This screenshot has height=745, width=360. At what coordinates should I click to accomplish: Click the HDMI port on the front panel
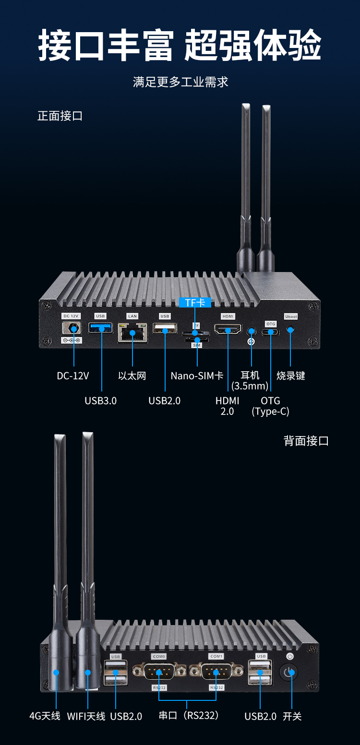click(x=228, y=330)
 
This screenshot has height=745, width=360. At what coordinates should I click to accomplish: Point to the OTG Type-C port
click(x=271, y=331)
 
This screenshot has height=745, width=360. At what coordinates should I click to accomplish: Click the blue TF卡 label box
click(x=195, y=303)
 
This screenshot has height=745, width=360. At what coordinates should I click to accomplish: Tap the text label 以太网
click(x=132, y=376)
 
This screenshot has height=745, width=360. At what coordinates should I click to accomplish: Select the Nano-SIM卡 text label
click(x=197, y=376)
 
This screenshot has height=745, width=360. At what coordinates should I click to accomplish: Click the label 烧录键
click(x=291, y=376)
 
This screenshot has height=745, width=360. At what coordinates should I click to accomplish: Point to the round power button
click(x=288, y=672)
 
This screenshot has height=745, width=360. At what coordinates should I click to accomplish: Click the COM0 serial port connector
click(x=159, y=672)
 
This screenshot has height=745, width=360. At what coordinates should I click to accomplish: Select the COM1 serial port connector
click(x=216, y=672)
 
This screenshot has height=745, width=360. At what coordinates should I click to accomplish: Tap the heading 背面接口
click(x=306, y=441)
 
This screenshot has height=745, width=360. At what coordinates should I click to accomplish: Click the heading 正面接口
click(x=60, y=116)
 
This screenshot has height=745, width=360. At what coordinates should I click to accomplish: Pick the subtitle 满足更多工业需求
click(x=180, y=82)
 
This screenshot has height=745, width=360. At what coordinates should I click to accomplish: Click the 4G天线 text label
click(x=45, y=716)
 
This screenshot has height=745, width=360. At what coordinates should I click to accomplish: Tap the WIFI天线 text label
click(x=86, y=716)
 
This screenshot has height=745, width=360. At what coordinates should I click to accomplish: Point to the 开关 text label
click(x=292, y=716)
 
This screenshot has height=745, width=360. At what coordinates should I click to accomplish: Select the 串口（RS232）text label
click(x=189, y=715)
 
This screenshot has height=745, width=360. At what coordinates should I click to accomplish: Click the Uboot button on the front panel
click(x=290, y=330)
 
